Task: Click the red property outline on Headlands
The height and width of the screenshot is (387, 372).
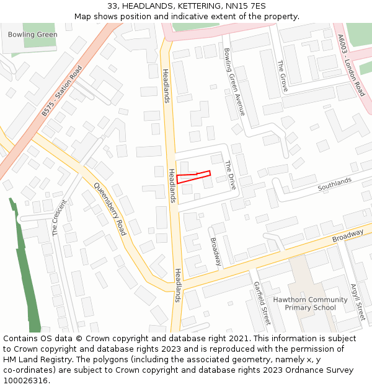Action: pos(193,177)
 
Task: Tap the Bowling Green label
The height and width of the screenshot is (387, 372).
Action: pos(33,35)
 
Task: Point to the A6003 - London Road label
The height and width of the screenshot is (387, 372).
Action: pos(352,65)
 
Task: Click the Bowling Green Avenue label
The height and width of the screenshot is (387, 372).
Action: pos(234,81)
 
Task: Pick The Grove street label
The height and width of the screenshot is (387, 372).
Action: pos(283,76)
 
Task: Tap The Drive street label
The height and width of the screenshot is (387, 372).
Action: pos(229,175)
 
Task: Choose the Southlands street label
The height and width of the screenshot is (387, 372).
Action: pos(334,184)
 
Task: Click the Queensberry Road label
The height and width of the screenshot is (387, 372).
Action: pos(110,209)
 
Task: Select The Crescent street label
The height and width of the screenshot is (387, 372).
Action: pos(59,218)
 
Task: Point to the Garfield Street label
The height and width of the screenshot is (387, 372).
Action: pos(262,303)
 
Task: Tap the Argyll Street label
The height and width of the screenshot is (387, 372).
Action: pos(358,302)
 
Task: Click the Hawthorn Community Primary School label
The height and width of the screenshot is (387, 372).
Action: pos(311,303)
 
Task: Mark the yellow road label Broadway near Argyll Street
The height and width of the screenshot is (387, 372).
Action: pos(348,236)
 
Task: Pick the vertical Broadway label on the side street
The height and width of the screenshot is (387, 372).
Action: pos(216,252)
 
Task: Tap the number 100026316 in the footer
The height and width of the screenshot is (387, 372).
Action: pos(25,380)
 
